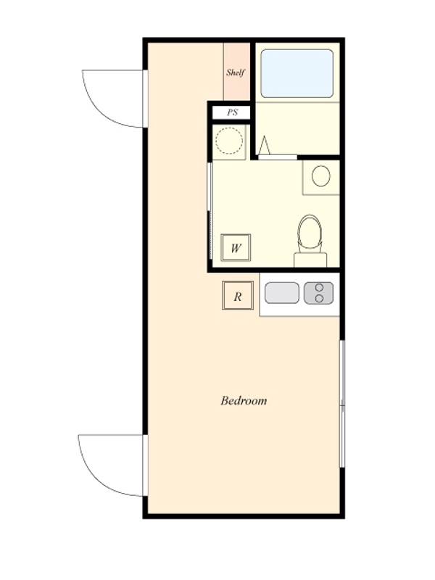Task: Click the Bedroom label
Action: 244,401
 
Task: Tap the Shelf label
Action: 236,72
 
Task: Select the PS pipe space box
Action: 232,112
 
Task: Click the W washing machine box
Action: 236,247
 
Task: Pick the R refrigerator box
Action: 238,296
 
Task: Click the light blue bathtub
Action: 297,74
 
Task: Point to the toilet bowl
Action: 310,232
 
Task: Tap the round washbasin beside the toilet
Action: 320,176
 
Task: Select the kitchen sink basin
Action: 282,293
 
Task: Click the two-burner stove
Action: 318,293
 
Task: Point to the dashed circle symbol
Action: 229,141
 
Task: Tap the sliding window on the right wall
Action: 342,404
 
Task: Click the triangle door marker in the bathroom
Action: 265,146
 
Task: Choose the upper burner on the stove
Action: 320,287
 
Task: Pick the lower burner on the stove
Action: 320,298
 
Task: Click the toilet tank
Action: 310,260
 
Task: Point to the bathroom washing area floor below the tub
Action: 298,128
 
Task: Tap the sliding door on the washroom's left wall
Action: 210,211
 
